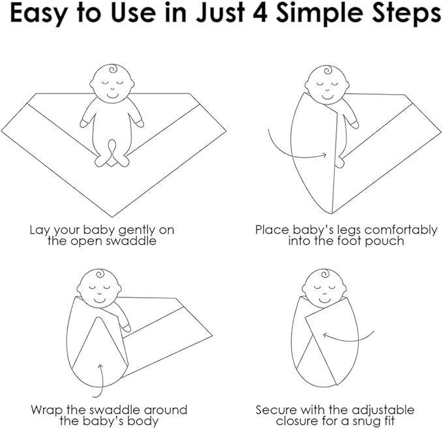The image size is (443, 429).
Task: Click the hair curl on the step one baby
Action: tap(113, 69)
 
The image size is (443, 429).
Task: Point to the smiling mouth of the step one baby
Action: tap(112, 95)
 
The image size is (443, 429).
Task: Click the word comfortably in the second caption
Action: tap(401, 231)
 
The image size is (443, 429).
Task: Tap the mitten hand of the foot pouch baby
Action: tap(354, 124)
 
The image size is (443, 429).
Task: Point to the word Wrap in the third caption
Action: tap(48, 411)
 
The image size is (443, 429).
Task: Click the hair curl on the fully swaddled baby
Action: tap(325, 273)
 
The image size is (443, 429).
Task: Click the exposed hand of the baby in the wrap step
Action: tap(127, 328)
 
